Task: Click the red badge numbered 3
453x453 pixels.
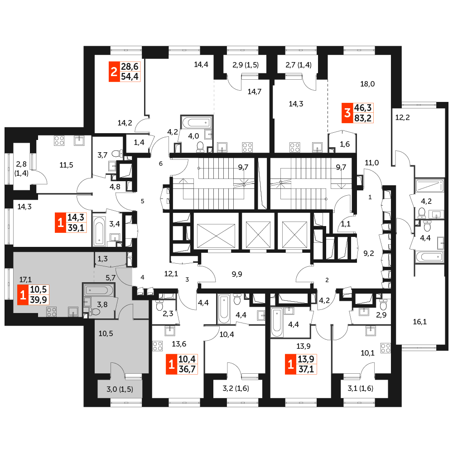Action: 347,113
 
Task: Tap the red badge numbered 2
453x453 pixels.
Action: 114,72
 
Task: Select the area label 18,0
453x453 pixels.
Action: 367,84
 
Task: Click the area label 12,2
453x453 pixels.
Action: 402,118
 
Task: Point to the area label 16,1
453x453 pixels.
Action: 420,322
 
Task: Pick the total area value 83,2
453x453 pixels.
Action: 363,118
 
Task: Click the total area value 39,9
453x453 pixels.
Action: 39,299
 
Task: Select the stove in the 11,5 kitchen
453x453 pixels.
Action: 59,141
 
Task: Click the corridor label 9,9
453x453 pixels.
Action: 237,274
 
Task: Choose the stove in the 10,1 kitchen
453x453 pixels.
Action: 386,348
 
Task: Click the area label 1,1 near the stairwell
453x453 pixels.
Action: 346,224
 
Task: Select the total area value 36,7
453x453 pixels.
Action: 187,369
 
